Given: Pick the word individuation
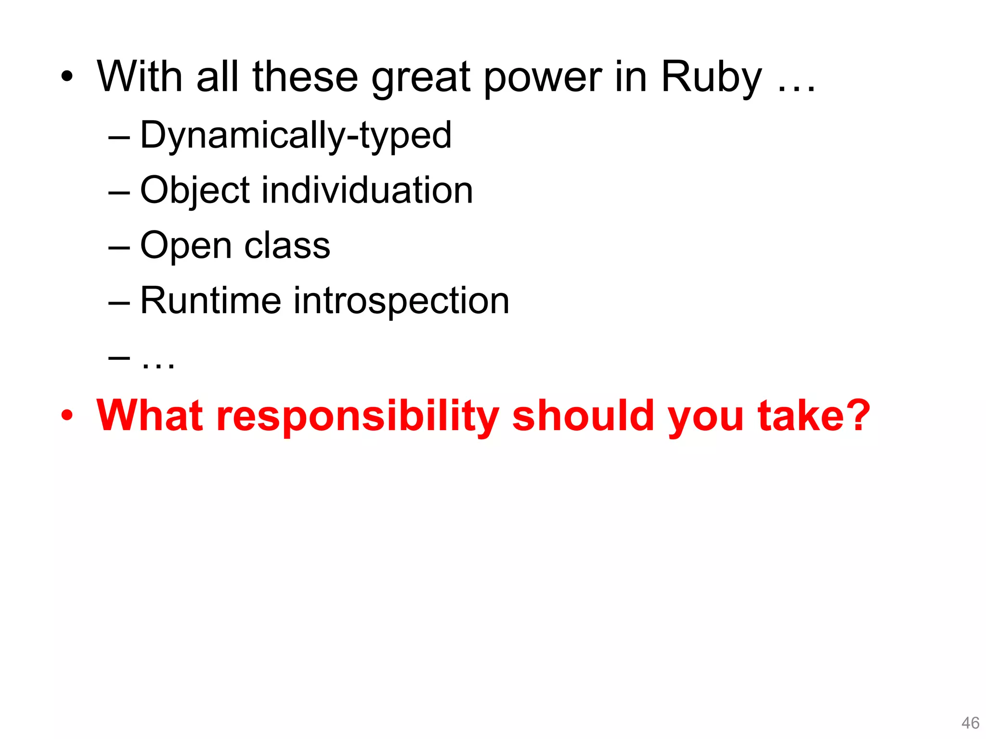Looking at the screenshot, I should point(367,191).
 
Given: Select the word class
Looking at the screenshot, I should point(287,246).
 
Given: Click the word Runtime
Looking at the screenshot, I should point(210,301).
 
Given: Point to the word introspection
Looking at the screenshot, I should point(402,301).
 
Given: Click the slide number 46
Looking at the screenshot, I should point(970,723).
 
